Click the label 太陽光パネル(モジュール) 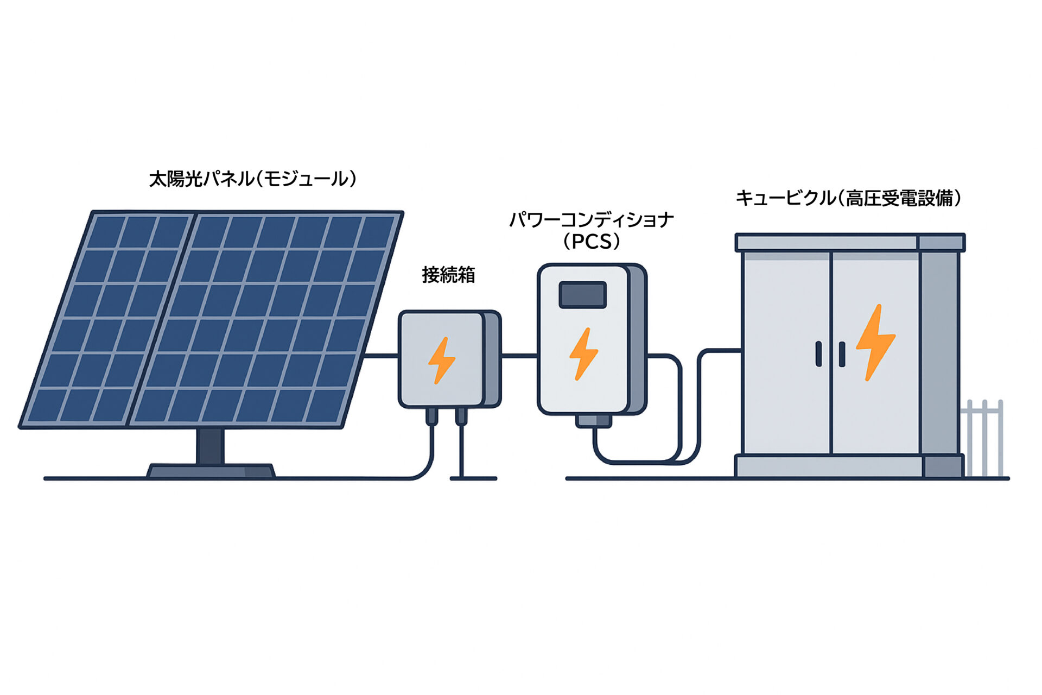253,179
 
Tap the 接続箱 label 448,275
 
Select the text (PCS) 592,242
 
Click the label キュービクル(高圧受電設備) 848,198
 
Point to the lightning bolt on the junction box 441,360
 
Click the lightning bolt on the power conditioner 583,353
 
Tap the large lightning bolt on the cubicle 875,342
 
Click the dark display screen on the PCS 582,295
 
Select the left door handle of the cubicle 819,354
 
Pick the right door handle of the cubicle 842,354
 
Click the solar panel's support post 210,446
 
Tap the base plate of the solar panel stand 211,471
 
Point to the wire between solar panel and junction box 381,356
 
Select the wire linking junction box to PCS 519,356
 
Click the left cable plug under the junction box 432,416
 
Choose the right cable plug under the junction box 461,416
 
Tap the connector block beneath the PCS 593,421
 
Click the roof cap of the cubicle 850,242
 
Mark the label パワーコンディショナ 592,220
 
